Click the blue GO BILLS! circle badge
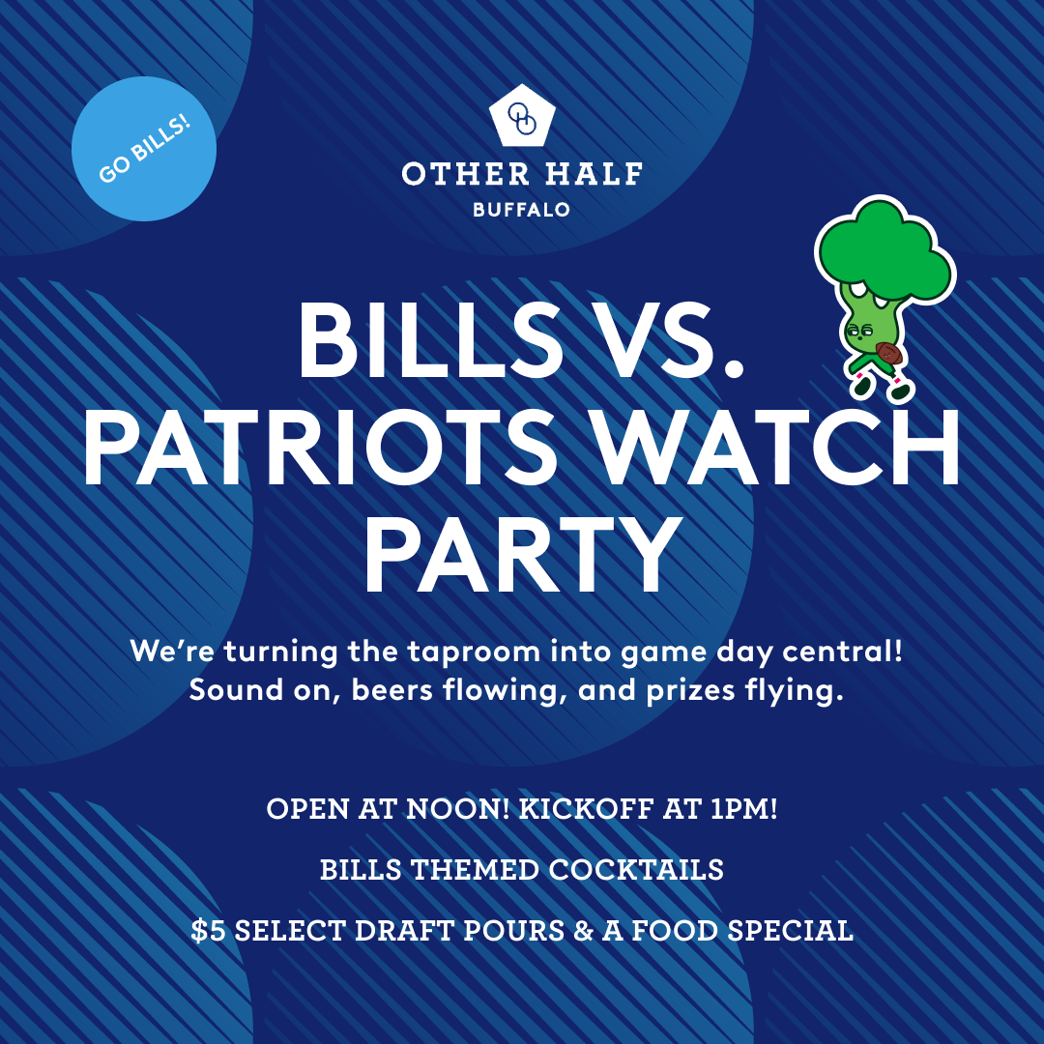[x=144, y=149]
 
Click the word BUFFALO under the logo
[x=522, y=209]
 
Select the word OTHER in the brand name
[x=452, y=174]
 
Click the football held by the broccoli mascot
[x=888, y=354]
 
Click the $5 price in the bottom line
[x=208, y=931]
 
